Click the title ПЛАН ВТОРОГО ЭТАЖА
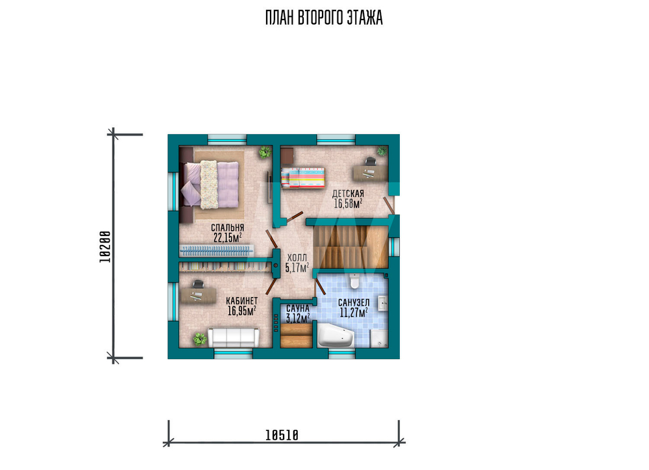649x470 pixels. (x=324, y=18)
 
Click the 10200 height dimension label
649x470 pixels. (x=106, y=247)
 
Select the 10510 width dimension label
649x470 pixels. (x=282, y=435)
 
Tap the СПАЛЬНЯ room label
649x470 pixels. (x=227, y=228)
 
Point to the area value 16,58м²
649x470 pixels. (x=348, y=204)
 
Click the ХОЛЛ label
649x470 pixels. (x=297, y=259)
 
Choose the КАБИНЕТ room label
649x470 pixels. (x=241, y=301)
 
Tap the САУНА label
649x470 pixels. (x=298, y=309)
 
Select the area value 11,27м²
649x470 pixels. (x=354, y=313)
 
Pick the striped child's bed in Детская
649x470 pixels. (x=302, y=178)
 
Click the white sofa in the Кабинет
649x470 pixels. (x=233, y=338)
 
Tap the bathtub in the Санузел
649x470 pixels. (x=336, y=335)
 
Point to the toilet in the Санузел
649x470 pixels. (x=354, y=281)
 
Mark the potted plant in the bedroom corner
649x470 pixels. (x=264, y=152)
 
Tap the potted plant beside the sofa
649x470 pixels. (x=199, y=340)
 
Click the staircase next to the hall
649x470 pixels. (x=350, y=247)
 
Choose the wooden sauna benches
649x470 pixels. (x=296, y=335)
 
